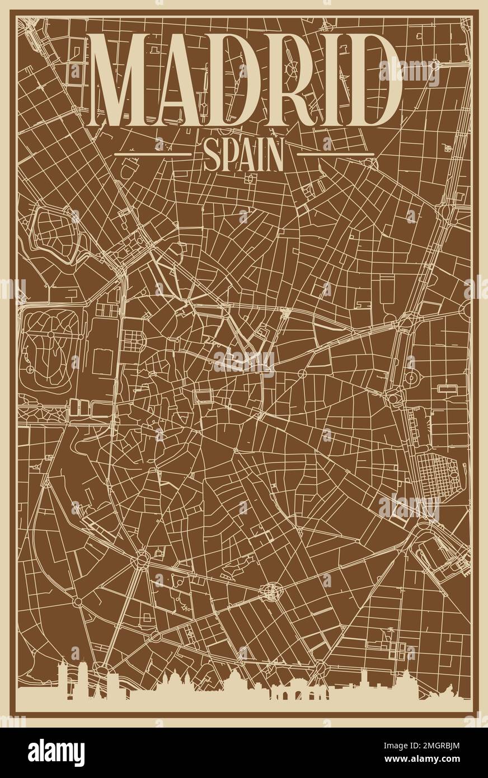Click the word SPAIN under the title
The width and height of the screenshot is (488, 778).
pos(244,156)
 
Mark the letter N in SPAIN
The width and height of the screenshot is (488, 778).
pos(274,156)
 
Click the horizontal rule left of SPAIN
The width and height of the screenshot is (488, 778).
pos(152,153)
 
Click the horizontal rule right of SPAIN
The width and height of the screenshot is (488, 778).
pos(335,153)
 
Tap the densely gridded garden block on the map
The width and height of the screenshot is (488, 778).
pos(434,474)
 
